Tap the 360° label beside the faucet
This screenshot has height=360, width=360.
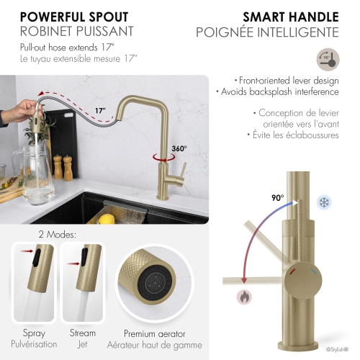point(179,149)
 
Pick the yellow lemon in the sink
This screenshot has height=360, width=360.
point(107,217)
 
